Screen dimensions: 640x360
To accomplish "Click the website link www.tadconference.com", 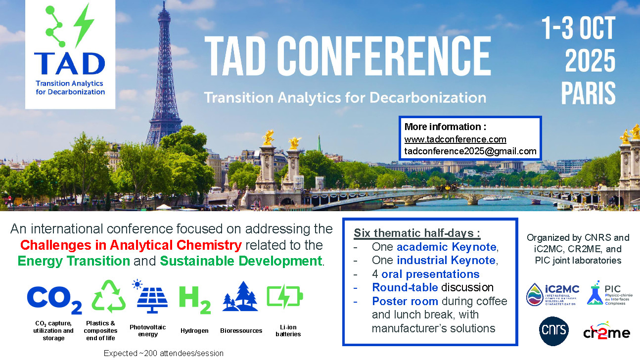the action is click(x=455, y=139).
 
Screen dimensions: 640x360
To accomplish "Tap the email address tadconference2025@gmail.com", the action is click(x=470, y=151).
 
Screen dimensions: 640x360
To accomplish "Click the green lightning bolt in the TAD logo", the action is click(x=84, y=25).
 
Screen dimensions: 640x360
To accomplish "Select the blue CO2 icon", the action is click(x=54, y=300).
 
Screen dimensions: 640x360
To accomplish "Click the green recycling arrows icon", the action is click(x=109, y=296).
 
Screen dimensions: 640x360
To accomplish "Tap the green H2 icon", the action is click(x=195, y=300).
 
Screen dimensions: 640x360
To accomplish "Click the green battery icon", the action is click(x=285, y=296).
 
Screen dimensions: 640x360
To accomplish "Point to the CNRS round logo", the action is click(x=554, y=331).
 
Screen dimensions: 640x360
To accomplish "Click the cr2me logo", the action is click(x=606, y=331).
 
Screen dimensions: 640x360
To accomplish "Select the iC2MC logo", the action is click(x=552, y=294).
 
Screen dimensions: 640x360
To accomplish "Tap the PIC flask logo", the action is click(x=610, y=293).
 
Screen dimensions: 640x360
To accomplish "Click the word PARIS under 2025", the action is click(x=588, y=93).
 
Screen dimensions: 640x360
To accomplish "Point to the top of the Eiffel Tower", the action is click(x=164, y=1).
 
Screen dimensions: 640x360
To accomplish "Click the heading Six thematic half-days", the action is click(x=417, y=233).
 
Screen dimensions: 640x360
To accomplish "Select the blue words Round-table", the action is click(x=405, y=287).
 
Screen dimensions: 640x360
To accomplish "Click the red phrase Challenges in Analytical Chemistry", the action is click(x=131, y=245).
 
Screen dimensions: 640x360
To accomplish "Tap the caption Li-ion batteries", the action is click(x=288, y=330).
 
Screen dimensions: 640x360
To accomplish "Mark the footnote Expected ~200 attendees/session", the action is click(x=163, y=354).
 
